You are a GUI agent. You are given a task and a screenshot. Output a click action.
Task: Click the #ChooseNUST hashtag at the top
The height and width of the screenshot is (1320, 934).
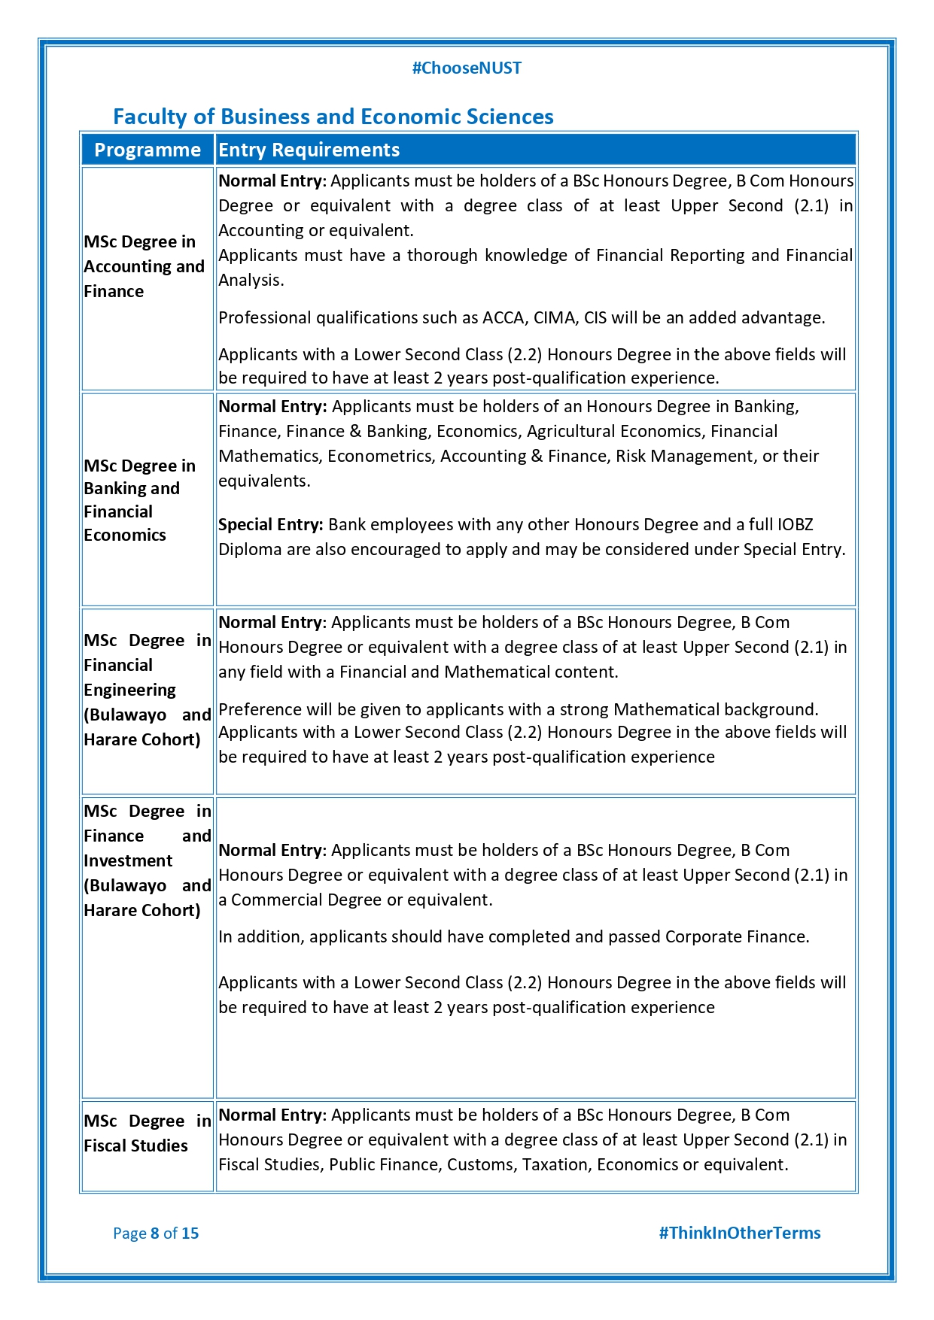pos(467,68)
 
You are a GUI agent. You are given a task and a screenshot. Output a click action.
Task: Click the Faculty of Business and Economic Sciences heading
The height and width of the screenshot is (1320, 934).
pos(333,117)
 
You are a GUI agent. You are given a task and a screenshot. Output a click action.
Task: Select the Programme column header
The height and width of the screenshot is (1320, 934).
pos(148,150)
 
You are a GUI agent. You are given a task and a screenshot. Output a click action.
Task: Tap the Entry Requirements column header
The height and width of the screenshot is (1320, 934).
pos(309,150)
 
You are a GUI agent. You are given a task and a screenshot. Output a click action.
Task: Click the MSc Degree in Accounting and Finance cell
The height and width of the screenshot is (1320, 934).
pos(144,266)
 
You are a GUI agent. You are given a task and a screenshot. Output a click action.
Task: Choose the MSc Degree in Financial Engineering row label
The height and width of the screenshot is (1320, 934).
pos(147,690)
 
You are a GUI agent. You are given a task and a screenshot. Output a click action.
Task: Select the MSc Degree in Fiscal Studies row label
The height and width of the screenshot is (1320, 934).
pos(147,1133)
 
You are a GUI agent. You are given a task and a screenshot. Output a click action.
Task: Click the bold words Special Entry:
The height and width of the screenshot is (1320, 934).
pos(271,524)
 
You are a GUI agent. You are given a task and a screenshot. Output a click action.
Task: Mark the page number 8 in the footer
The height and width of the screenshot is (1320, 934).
pos(155,1233)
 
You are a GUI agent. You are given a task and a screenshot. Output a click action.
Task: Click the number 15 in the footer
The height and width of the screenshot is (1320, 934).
pos(190,1233)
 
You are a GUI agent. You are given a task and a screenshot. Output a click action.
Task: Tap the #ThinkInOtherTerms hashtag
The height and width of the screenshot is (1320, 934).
pos(739,1233)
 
